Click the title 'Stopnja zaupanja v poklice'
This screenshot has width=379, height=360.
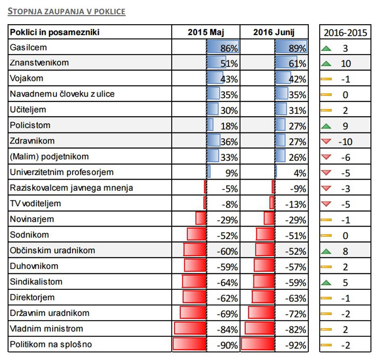(x=67, y=12)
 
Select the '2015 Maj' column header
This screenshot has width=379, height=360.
(x=206, y=33)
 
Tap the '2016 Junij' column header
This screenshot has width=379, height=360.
(x=274, y=33)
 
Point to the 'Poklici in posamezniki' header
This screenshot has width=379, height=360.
(x=55, y=33)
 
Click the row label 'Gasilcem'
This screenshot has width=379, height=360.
(x=29, y=48)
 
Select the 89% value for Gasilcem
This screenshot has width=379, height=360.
(x=298, y=48)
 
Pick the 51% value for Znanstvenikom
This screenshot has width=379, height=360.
(x=229, y=64)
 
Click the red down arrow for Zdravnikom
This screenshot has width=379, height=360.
(x=326, y=142)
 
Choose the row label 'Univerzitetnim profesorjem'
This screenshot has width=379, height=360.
(x=62, y=173)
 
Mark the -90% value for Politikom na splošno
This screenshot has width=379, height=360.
(x=227, y=345)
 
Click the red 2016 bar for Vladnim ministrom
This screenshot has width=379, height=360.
(x=260, y=329)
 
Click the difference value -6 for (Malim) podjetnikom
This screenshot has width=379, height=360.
(x=345, y=158)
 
